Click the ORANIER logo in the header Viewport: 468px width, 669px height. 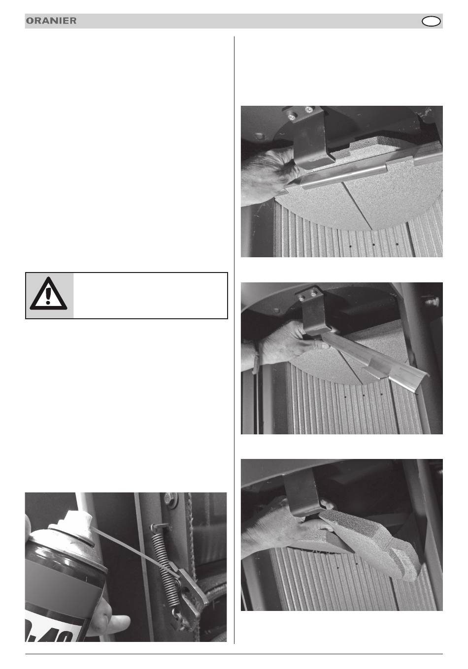[x=51, y=21]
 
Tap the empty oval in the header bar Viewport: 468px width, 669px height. [x=431, y=22]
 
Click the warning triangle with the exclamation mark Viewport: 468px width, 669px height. [x=48, y=294]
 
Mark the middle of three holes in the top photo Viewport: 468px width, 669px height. [x=373, y=244]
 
